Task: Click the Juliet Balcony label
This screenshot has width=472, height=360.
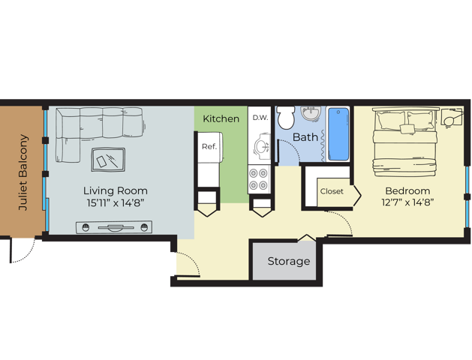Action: point(23,172)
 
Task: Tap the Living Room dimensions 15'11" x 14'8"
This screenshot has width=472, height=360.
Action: point(116,203)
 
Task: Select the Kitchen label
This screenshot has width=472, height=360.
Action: point(221,118)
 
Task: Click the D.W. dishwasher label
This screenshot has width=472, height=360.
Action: point(260,118)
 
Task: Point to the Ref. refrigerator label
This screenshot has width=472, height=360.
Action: point(209,146)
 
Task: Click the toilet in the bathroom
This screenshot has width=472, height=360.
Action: point(286,117)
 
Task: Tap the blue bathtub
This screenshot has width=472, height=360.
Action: point(338,134)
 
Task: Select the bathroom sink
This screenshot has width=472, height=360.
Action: point(311,113)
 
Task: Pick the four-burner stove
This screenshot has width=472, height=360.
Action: point(259,179)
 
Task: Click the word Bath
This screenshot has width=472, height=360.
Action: point(305,137)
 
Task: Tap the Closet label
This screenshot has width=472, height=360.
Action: point(332,191)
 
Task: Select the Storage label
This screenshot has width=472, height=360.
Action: point(289,261)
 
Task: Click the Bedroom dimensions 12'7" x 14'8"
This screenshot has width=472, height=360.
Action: point(407,202)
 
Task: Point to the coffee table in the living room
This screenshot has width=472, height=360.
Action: point(108,160)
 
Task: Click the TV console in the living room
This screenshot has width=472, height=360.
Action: point(114,227)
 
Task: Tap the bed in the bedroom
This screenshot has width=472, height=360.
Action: point(405,142)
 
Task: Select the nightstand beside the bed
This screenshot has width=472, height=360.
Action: point(452,117)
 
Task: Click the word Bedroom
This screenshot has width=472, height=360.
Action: point(407,191)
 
